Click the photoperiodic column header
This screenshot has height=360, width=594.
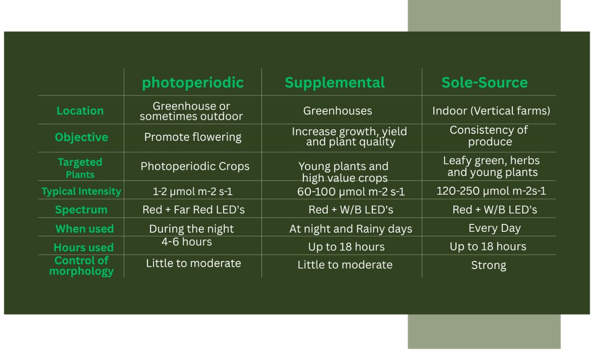pyautogui.click(x=193, y=83)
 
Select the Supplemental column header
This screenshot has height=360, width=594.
pyautogui.click(x=335, y=83)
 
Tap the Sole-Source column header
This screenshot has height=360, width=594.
pyautogui.click(x=485, y=83)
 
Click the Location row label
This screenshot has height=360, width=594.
pyautogui.click(x=80, y=111)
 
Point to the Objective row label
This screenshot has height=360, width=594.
pyautogui.click(x=81, y=137)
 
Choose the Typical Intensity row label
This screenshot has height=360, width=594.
pyautogui.click(x=81, y=191)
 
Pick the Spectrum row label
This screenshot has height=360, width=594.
pyautogui.click(x=81, y=209)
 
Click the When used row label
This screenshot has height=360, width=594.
pyautogui.click(x=85, y=229)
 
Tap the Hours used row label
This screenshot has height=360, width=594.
pyautogui.click(x=84, y=247)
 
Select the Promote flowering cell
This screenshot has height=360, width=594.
pyautogui.click(x=193, y=137)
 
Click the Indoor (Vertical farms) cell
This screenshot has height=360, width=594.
pyautogui.click(x=491, y=110)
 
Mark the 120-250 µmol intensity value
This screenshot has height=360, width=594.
pyautogui.click(x=491, y=191)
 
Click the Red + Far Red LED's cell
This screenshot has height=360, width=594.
pyautogui.click(x=194, y=209)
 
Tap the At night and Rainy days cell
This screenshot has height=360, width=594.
pyautogui.click(x=350, y=229)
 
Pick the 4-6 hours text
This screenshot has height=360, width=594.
pyautogui.click(x=187, y=242)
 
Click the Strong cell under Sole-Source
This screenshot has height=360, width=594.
pyautogui.click(x=489, y=265)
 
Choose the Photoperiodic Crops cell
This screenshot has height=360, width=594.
pyautogui.click(x=195, y=166)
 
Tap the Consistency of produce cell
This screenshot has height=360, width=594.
pyautogui.click(x=489, y=136)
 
